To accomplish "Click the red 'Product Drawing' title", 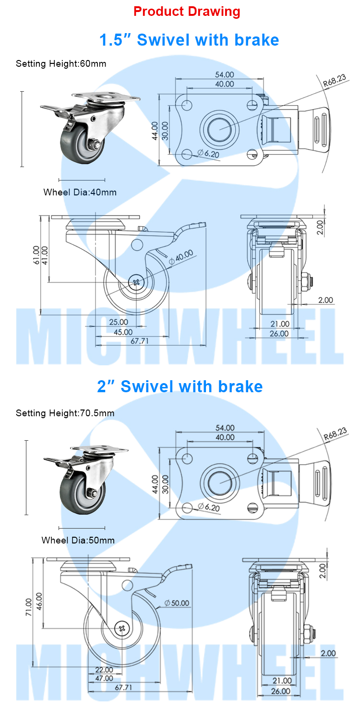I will pos(187,12).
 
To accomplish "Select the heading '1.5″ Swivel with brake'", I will pos(189,40).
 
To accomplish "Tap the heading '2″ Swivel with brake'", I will pos(180,386).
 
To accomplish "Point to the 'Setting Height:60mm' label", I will pos(61,63).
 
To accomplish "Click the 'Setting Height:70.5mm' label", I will pos(65,413).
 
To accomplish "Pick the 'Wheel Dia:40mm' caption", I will pos(80,193).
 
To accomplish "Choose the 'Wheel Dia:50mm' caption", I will pos(78,540).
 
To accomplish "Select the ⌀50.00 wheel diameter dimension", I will pos(177,603).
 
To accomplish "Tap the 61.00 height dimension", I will pos(36,255).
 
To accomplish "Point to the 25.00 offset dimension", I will pos(119,322).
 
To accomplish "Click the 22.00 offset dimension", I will pos(104,670).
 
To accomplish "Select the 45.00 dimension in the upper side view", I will pos(123,332).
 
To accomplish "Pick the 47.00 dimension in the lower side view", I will pos(104,678).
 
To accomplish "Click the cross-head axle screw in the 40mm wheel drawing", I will pos(137,282).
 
